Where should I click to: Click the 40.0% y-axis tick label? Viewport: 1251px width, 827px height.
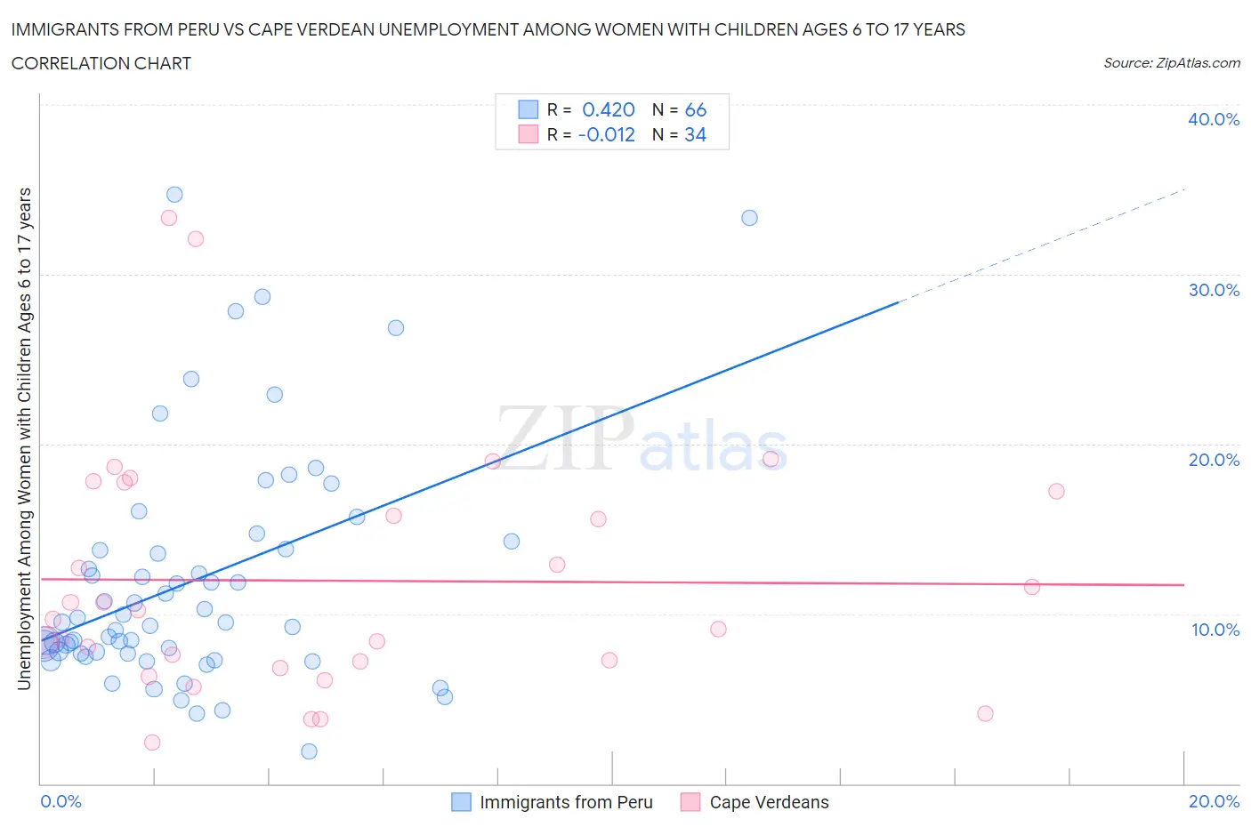(1213, 119)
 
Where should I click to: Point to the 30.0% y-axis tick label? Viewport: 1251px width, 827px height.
(1213, 290)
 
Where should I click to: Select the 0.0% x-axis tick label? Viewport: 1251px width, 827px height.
(61, 801)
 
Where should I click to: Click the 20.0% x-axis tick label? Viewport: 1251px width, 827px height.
(1214, 801)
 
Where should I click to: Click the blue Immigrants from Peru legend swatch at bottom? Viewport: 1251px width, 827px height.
(461, 802)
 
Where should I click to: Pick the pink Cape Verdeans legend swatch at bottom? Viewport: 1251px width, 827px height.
(690, 802)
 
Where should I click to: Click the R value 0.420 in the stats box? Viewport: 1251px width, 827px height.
(608, 109)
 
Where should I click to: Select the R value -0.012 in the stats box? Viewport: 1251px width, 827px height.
(606, 134)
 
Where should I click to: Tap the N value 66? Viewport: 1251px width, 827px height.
(695, 109)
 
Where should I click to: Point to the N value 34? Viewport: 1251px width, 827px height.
(695, 134)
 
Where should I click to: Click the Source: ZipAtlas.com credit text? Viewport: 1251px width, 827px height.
(1171, 63)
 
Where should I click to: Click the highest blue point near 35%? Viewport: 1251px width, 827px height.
(174, 195)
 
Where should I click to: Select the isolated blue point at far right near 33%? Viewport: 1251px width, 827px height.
(749, 218)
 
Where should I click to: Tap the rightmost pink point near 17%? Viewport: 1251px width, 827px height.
(1056, 491)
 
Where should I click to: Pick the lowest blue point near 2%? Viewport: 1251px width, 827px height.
(309, 751)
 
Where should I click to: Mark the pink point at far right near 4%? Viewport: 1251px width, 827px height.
(985, 713)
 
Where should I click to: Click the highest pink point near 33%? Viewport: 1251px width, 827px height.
(169, 218)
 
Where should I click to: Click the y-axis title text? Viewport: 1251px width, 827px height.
(24, 438)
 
